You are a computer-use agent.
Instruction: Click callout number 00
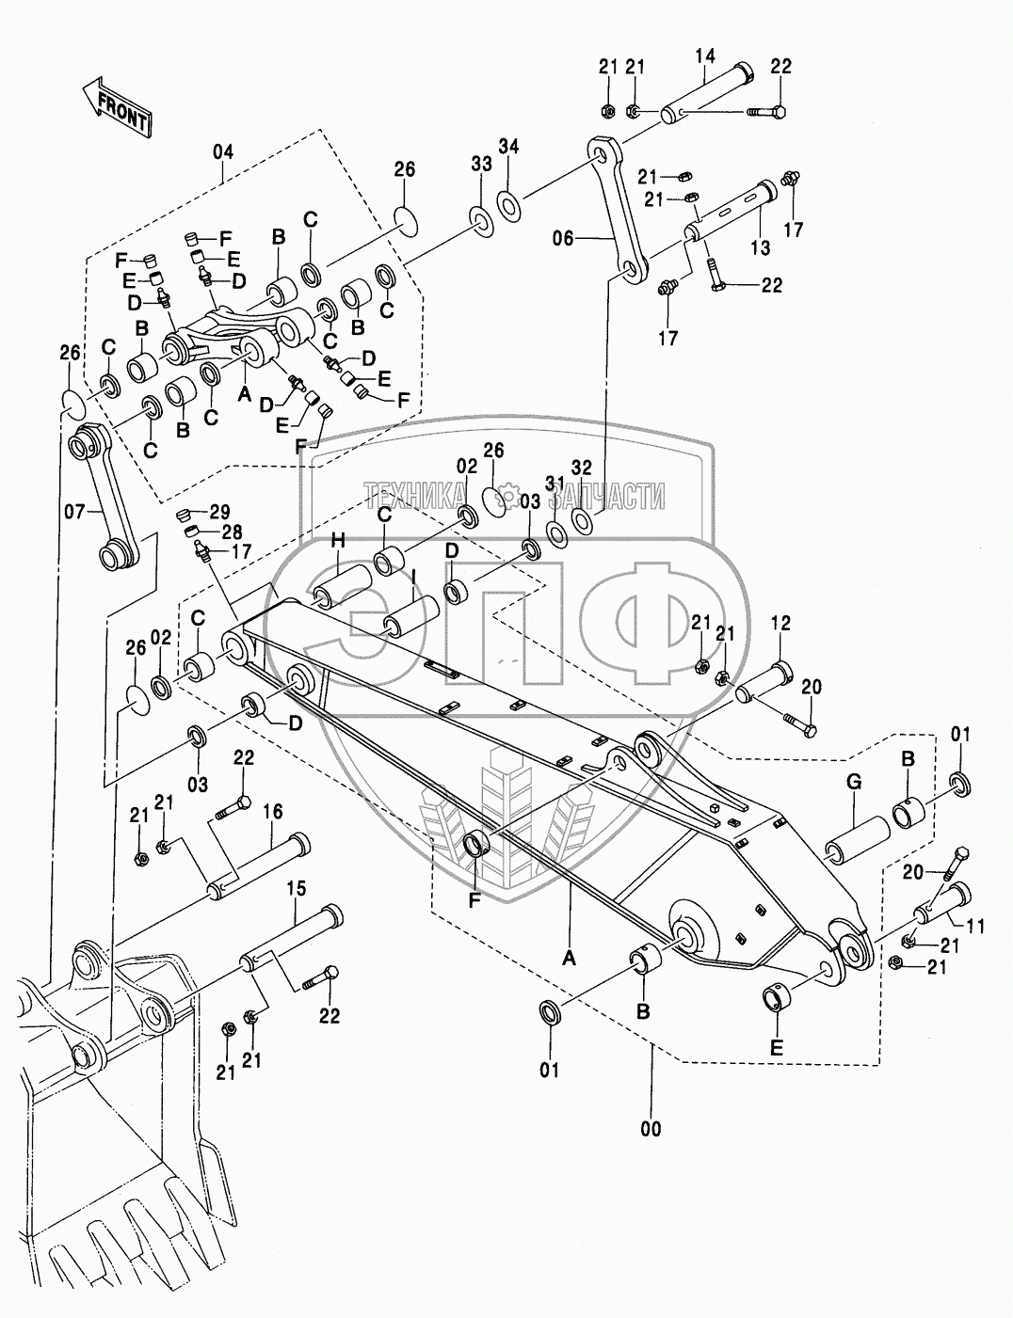coord(651,1128)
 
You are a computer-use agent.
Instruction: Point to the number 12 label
coord(781,623)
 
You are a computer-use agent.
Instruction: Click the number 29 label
coord(218,512)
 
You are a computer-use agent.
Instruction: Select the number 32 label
coord(581,467)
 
